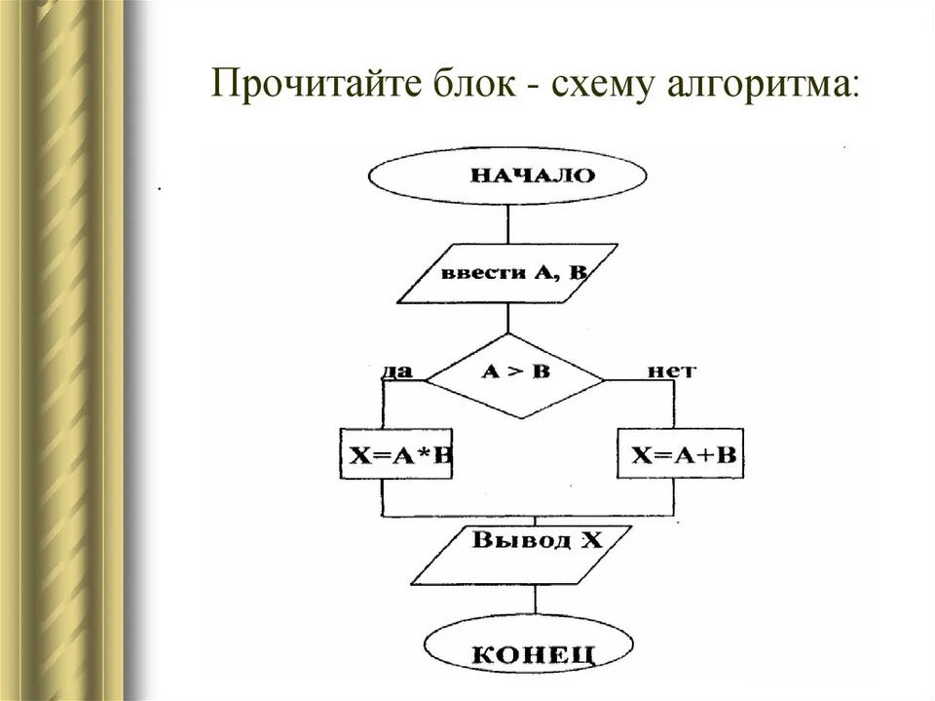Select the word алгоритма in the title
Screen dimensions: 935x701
click(764, 84)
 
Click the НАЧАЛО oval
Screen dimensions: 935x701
click(507, 175)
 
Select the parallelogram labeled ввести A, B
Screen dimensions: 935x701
click(507, 273)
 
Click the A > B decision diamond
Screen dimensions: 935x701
click(516, 375)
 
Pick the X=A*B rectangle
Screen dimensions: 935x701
click(396, 453)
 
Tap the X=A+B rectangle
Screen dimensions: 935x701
click(681, 453)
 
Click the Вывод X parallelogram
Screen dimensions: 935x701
click(522, 555)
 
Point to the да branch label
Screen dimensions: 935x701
click(397, 371)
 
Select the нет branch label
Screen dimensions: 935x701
click(671, 370)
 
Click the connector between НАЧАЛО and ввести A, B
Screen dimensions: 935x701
click(508, 224)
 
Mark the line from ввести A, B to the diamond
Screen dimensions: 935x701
click(508, 318)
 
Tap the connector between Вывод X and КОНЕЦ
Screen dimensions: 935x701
click(535, 600)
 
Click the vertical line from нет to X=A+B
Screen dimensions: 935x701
click(674, 404)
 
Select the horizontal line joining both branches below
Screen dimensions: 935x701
click(528, 516)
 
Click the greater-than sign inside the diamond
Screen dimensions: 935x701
click(515, 372)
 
